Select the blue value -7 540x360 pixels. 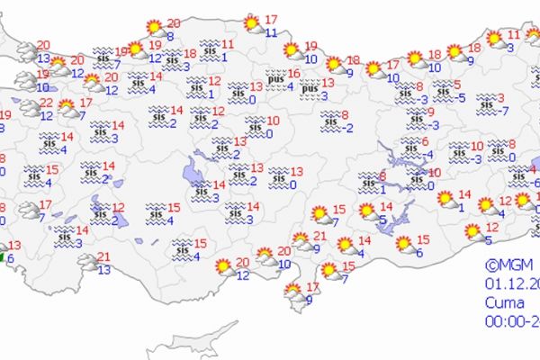[506, 111]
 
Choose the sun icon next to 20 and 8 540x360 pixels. [154, 28]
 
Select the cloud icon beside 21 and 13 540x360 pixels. [88, 262]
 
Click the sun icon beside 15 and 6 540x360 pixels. [404, 243]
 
